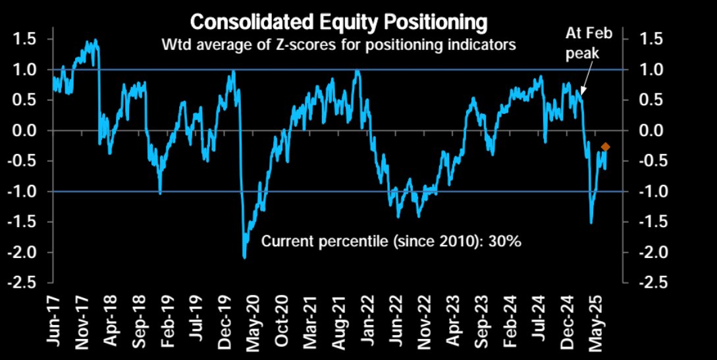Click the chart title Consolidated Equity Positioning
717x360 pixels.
coord(338,22)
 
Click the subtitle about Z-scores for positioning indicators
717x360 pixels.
coord(338,45)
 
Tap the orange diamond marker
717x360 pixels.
coord(606,147)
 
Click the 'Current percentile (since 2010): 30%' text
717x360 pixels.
coord(392,242)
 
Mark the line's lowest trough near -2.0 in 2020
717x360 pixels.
coord(245,257)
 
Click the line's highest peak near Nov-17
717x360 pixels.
coord(95,41)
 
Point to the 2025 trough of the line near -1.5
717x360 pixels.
coord(591,222)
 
